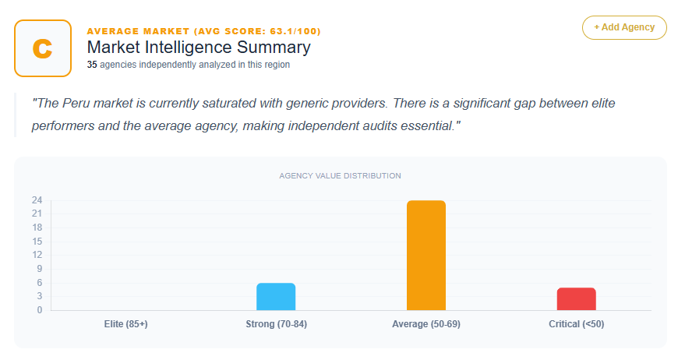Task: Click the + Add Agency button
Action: [624, 27]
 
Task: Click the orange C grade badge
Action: [42, 48]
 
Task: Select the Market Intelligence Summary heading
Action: [199, 48]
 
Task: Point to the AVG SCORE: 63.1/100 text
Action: [261, 31]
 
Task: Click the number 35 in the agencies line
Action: [92, 65]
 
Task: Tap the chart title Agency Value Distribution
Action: [340, 176]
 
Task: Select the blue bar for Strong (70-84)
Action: [276, 296]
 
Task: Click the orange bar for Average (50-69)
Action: [426, 256]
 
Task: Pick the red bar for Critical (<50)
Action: [576, 298]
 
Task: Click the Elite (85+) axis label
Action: [125, 323]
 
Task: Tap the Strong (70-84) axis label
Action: [276, 323]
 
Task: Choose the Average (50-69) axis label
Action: [426, 323]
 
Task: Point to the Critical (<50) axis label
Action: [576, 323]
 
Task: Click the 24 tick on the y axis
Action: [37, 200]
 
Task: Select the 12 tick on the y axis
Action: [37, 255]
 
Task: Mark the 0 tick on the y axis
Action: [39, 310]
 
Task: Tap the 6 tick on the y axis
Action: [39, 283]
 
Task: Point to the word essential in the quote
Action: [426, 125]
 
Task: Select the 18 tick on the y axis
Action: [37, 228]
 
